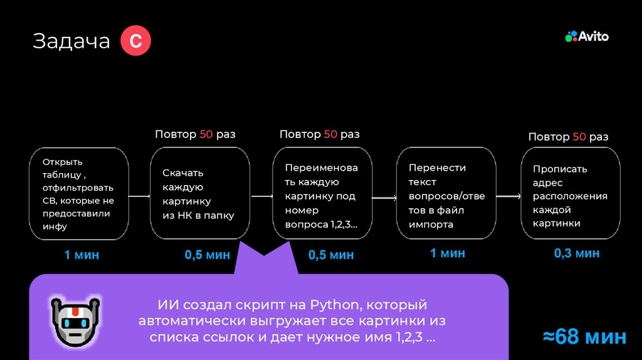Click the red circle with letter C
135,41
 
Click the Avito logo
587,36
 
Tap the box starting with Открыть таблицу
79,193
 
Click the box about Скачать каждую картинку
200,193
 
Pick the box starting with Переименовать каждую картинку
321,193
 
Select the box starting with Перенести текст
446,193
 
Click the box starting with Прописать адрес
571,193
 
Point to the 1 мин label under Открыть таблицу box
82,255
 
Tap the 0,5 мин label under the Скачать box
207,255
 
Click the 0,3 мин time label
577,253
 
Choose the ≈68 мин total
584,337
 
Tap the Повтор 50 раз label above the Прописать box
568,137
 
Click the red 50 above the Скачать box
206,134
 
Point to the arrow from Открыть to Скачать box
139,197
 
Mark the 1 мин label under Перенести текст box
448,253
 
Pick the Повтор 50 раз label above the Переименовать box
319,134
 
